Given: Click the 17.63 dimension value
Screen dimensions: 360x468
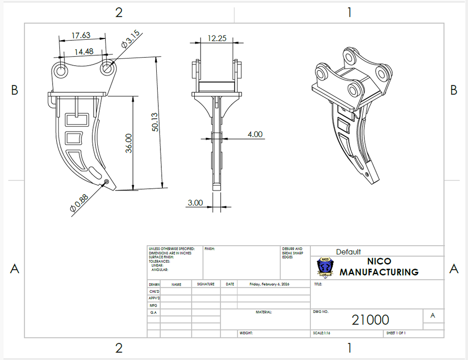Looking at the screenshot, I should click(81, 35).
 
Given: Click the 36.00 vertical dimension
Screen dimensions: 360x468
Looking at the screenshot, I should click(129, 143).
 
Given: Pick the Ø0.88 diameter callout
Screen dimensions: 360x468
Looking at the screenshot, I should click(79, 203).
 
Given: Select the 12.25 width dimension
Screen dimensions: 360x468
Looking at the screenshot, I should click(217, 38).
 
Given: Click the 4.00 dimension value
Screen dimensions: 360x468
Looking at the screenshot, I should click(255, 134).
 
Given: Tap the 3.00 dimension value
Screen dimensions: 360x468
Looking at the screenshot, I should click(195, 203).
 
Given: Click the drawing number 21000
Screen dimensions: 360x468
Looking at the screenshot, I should click(370, 320).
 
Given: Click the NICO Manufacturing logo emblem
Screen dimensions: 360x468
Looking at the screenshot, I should click(325, 267).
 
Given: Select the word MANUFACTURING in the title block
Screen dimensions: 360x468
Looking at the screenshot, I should click(379, 272).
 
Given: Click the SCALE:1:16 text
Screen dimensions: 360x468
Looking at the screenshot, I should click(322, 333).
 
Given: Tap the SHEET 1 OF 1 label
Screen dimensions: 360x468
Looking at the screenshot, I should click(396, 333).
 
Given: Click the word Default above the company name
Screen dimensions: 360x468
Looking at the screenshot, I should click(348, 252).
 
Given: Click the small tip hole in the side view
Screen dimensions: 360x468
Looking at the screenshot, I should click(106, 182).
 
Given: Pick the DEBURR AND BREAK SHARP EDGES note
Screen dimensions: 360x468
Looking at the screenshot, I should click(292, 253).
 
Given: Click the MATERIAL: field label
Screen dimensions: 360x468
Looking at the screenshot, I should click(264, 312).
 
